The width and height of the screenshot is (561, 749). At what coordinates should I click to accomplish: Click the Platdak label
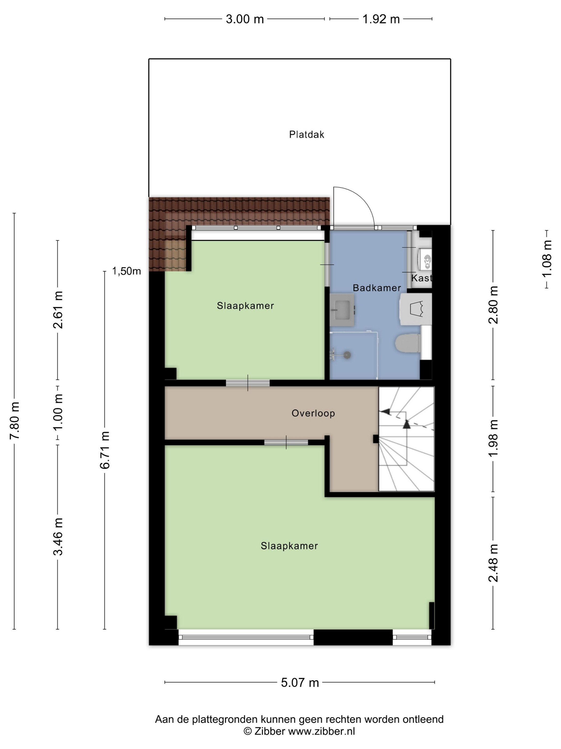pyautogui.click(x=306, y=135)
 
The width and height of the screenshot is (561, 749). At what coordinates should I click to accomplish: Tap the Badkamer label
pyautogui.click(x=377, y=288)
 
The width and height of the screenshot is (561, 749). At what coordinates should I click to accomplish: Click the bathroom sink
pyautogui.click(x=342, y=310)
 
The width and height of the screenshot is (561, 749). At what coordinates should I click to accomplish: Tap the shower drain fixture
pyautogui.click(x=347, y=355)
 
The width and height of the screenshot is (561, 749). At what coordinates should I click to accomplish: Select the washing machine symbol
pyautogui.click(x=416, y=309)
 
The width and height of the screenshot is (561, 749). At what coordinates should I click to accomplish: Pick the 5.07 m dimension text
pyautogui.click(x=300, y=683)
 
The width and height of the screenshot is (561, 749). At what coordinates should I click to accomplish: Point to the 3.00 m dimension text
pyautogui.click(x=245, y=19)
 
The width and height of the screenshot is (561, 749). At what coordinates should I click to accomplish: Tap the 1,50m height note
pyautogui.click(x=126, y=271)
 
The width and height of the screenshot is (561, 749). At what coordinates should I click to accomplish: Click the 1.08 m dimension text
pyautogui.click(x=547, y=259)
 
